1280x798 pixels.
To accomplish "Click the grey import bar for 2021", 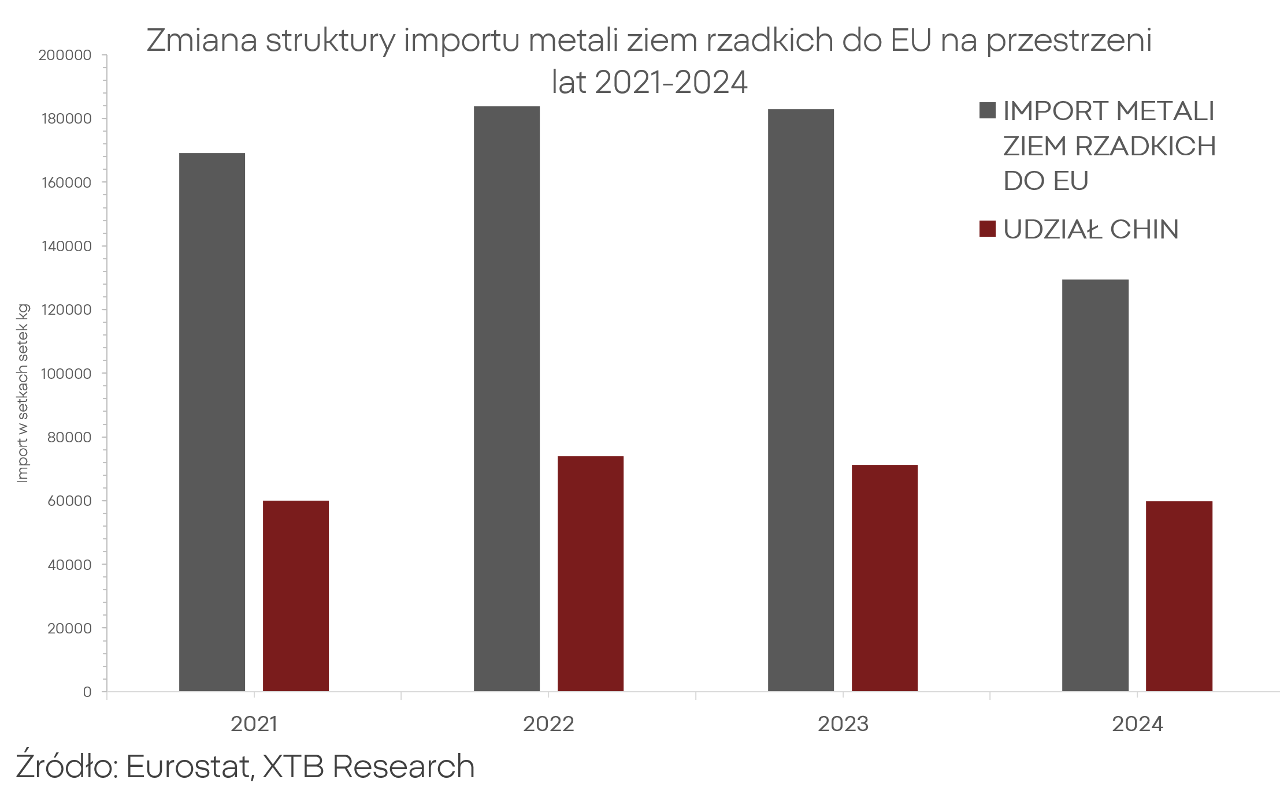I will [212, 422].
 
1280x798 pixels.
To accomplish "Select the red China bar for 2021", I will [295, 595].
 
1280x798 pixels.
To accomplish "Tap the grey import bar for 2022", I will [506, 398].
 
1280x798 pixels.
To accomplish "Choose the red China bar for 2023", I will [884, 577].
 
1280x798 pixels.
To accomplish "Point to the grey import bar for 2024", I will [1095, 485].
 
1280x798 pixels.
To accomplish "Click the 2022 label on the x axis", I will [548, 724].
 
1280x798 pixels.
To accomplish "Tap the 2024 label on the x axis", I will [1137, 724].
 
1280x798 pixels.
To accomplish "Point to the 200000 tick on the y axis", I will [65, 55].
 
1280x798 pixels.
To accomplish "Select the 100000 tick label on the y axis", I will [66, 374].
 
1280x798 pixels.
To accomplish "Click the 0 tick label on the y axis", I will [87, 692].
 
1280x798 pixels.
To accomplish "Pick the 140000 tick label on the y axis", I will [66, 247].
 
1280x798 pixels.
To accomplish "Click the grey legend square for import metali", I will [987, 110].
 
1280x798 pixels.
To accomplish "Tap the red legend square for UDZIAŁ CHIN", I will [987, 229].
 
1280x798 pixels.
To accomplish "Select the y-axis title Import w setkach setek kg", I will [23, 393].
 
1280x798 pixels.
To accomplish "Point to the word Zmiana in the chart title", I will [202, 40].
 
